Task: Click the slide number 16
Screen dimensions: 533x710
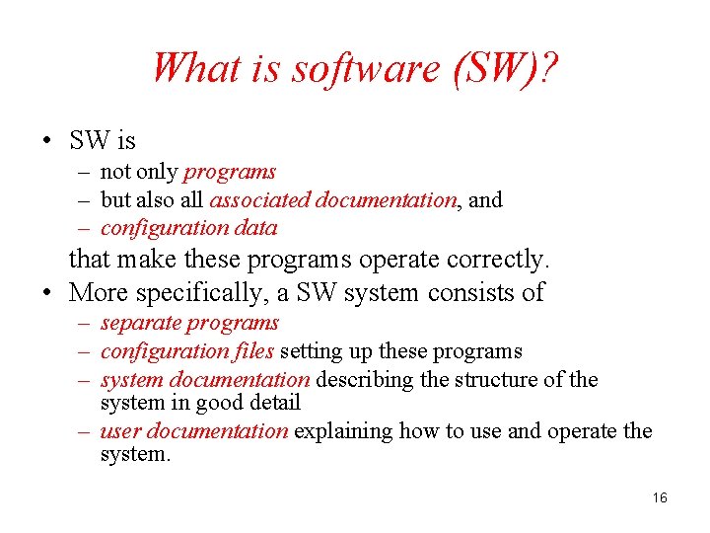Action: pyautogui.click(x=660, y=497)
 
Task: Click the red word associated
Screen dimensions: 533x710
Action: pyautogui.click(x=258, y=200)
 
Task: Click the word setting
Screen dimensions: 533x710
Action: pyautogui.click(x=311, y=351)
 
